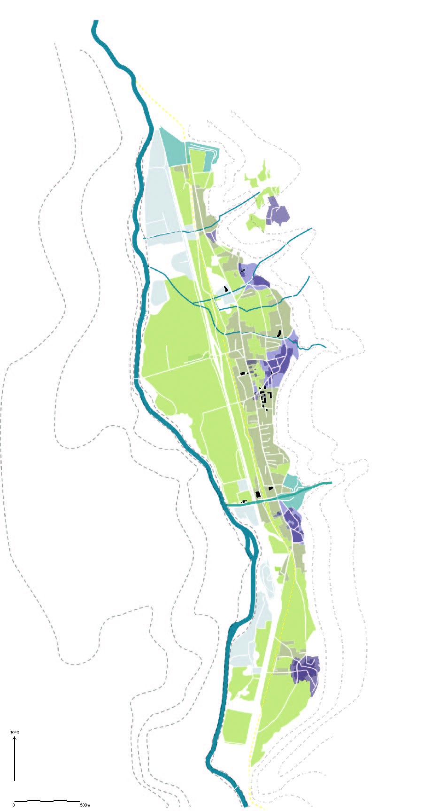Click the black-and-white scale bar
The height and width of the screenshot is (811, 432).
[x=46, y=800]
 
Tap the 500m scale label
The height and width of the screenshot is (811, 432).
[x=85, y=805]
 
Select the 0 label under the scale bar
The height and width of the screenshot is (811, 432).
[x=14, y=805]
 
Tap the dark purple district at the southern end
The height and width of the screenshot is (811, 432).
[x=306, y=669]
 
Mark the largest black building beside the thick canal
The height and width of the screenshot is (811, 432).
[x=258, y=494]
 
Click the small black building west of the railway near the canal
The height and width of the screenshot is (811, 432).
[x=244, y=502]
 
